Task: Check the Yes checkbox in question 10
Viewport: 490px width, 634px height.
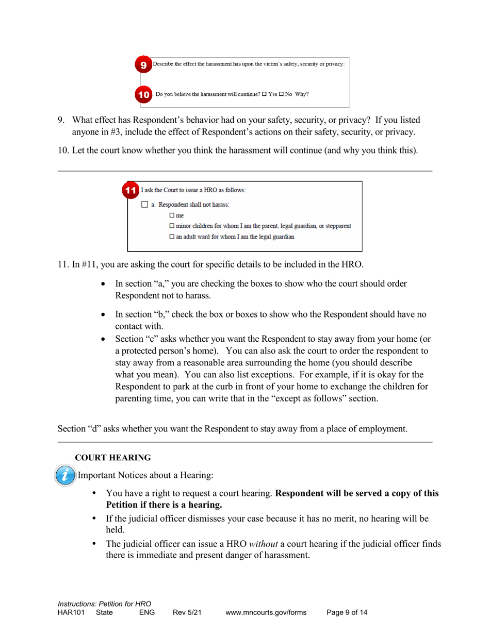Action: click(x=264, y=95)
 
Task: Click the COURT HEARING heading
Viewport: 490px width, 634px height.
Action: click(x=113, y=457)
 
